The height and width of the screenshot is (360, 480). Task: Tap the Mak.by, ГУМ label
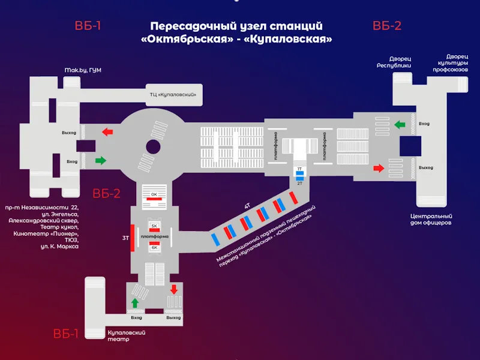[83, 70]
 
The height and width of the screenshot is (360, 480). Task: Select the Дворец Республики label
[394, 62]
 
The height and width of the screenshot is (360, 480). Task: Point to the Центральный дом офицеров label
[431, 219]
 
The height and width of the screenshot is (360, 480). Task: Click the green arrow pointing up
[135, 304]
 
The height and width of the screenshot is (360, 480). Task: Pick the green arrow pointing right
[100, 160]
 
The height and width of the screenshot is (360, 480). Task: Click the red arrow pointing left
[108, 131]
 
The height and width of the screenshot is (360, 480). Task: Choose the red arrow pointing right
[379, 169]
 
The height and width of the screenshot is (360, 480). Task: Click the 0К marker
[154, 195]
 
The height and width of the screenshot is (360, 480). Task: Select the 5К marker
[154, 226]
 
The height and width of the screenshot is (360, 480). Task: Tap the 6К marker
[154, 247]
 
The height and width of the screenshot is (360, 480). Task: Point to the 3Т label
[126, 238]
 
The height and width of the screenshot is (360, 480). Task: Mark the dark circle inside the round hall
[153, 146]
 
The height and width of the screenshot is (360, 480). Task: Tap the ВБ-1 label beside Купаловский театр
[65, 334]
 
